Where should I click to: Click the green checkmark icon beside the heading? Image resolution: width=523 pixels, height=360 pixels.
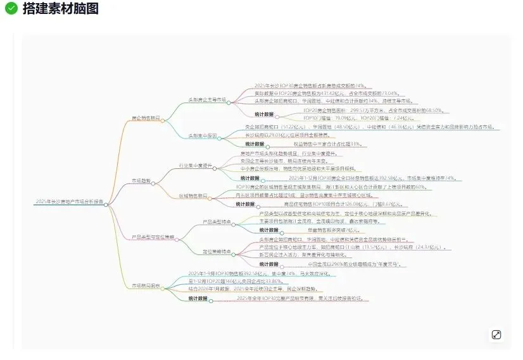(11, 8)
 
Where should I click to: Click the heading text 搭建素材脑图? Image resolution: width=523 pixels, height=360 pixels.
(60, 8)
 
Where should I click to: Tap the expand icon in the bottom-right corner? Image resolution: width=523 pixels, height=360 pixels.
(496, 334)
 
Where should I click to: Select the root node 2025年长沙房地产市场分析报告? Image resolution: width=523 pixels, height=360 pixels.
(70, 202)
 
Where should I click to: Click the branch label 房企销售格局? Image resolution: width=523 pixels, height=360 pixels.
(145, 118)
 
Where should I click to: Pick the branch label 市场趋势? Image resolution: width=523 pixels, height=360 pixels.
(141, 180)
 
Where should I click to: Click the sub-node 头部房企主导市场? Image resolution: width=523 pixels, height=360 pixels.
(206, 100)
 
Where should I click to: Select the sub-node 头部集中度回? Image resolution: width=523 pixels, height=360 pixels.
(203, 135)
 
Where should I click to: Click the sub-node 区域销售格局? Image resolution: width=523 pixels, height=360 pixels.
(193, 196)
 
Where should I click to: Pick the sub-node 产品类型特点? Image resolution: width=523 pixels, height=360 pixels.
(217, 222)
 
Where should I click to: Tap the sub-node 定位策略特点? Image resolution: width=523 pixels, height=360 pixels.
(217, 252)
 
